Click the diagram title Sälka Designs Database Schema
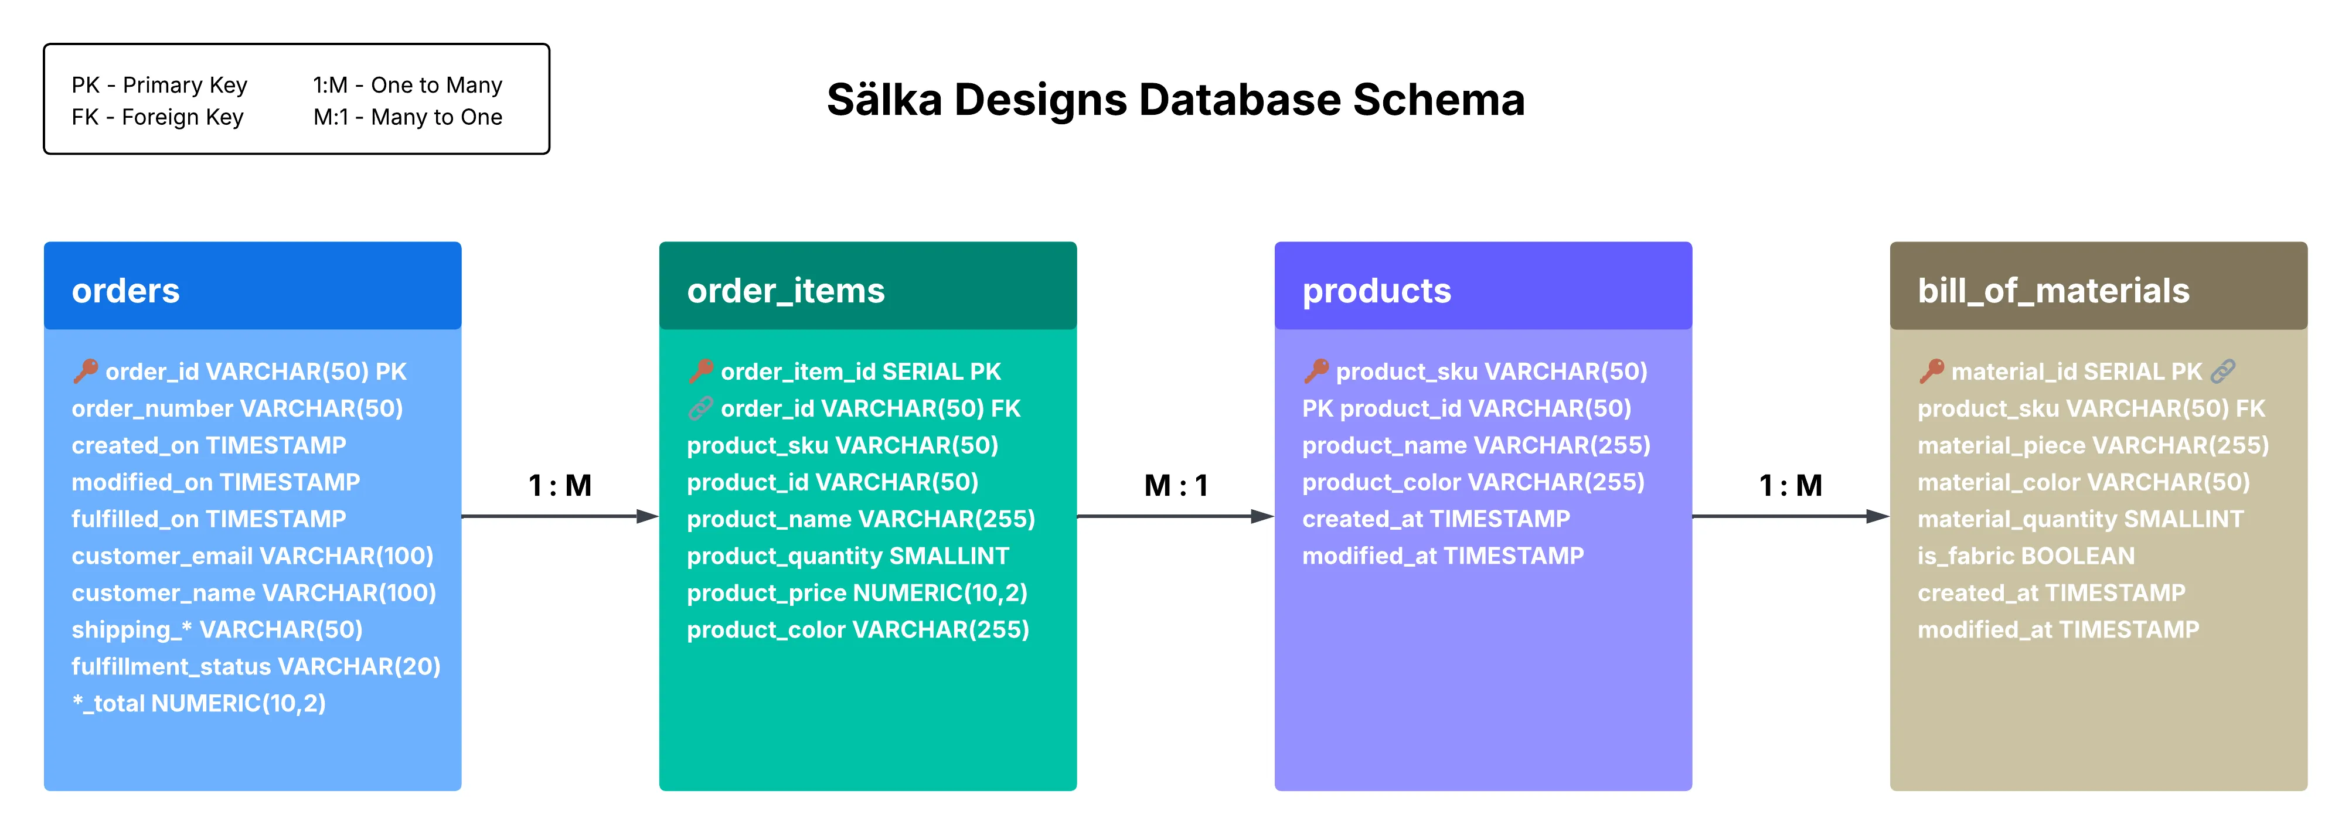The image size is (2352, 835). (1175, 100)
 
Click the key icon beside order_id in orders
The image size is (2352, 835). (86, 370)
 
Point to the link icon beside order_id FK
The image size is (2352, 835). (700, 408)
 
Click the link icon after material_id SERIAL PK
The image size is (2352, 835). (2222, 370)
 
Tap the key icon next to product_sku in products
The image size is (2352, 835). (1316, 370)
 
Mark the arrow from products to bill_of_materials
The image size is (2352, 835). (1789, 516)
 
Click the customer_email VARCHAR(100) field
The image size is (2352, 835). (252, 555)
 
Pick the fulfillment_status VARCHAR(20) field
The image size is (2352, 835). (256, 666)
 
